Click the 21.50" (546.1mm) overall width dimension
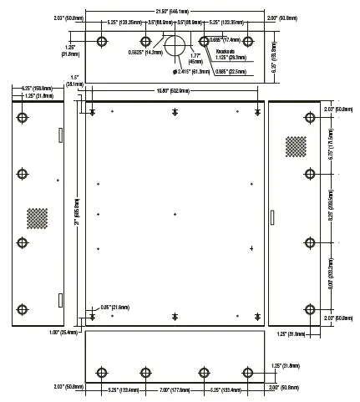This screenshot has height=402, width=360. (176, 10)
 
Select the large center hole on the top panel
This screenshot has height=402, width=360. (176, 45)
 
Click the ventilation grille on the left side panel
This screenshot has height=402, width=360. (36, 218)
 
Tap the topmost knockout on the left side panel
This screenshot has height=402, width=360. (23, 117)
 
